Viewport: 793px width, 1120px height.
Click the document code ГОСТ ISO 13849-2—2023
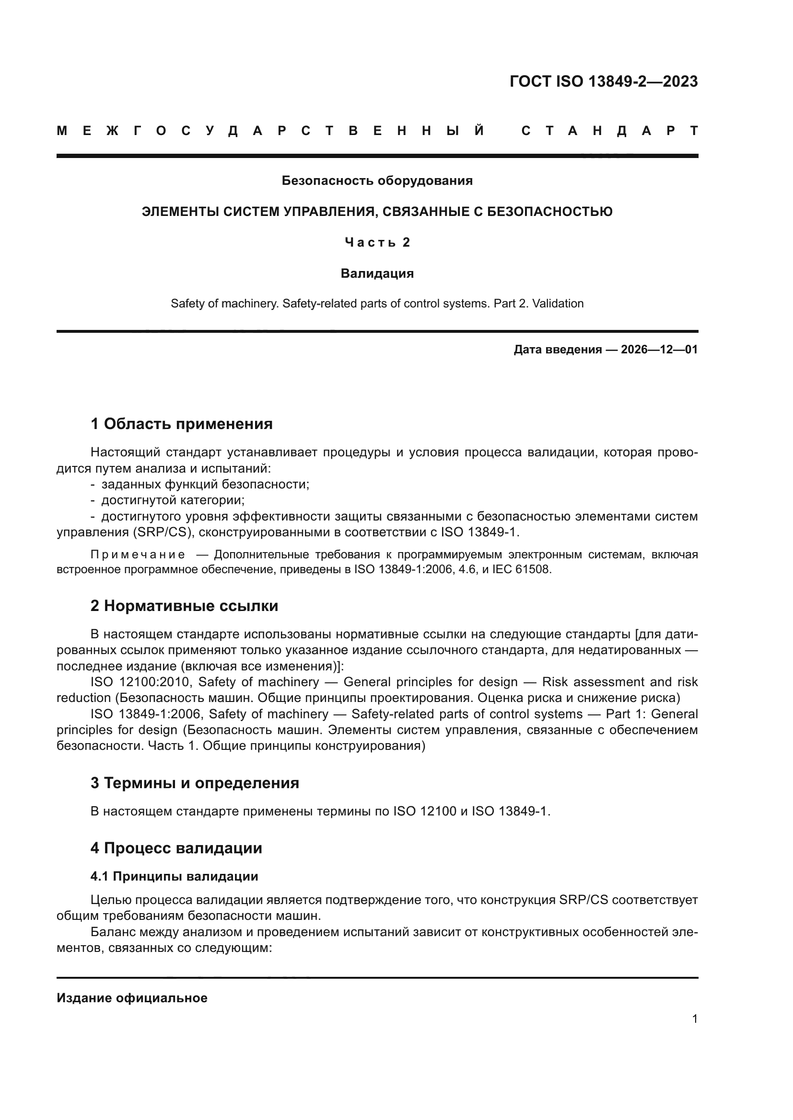(x=604, y=81)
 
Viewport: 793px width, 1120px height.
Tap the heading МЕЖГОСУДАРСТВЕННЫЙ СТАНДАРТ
(x=377, y=131)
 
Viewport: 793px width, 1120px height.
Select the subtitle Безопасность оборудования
(x=377, y=181)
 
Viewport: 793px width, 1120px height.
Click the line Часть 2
(x=377, y=242)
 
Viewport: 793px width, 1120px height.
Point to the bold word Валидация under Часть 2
(x=377, y=273)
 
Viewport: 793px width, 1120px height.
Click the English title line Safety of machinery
(x=377, y=304)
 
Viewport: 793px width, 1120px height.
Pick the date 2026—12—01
(x=659, y=350)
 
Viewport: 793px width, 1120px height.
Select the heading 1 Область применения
(x=181, y=424)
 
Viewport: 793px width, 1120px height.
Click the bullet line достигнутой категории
(x=173, y=500)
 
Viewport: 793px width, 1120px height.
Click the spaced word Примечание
(x=138, y=554)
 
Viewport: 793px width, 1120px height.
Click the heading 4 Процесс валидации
(x=176, y=848)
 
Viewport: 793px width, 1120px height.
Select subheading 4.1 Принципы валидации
(x=174, y=876)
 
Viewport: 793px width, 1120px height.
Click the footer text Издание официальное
(x=132, y=998)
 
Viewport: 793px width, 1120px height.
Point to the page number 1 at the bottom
(x=694, y=1018)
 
